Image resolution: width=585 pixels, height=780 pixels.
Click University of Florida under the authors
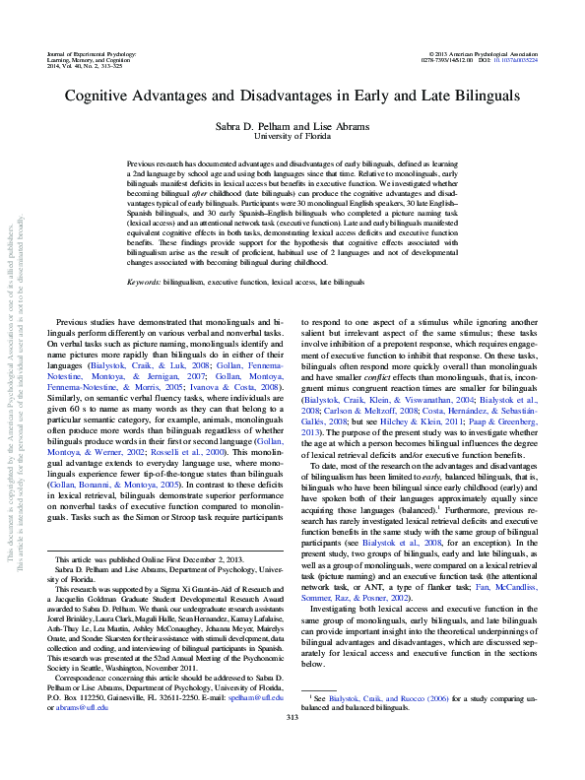[292, 137]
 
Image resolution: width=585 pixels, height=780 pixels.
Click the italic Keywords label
[145, 282]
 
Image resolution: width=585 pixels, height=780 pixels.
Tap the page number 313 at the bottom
[292, 745]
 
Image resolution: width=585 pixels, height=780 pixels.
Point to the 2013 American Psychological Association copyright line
[485, 50]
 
